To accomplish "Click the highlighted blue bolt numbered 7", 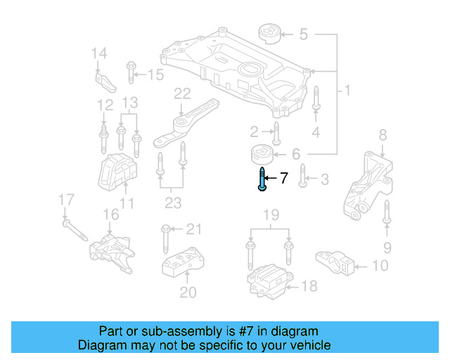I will [262, 179].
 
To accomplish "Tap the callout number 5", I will [304, 34].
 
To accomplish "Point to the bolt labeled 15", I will [131, 73].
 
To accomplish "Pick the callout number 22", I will [182, 94].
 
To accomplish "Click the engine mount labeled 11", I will [114, 173].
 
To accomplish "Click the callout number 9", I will [387, 247].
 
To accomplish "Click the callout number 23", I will [172, 205].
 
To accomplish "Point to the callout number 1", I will [347, 91].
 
